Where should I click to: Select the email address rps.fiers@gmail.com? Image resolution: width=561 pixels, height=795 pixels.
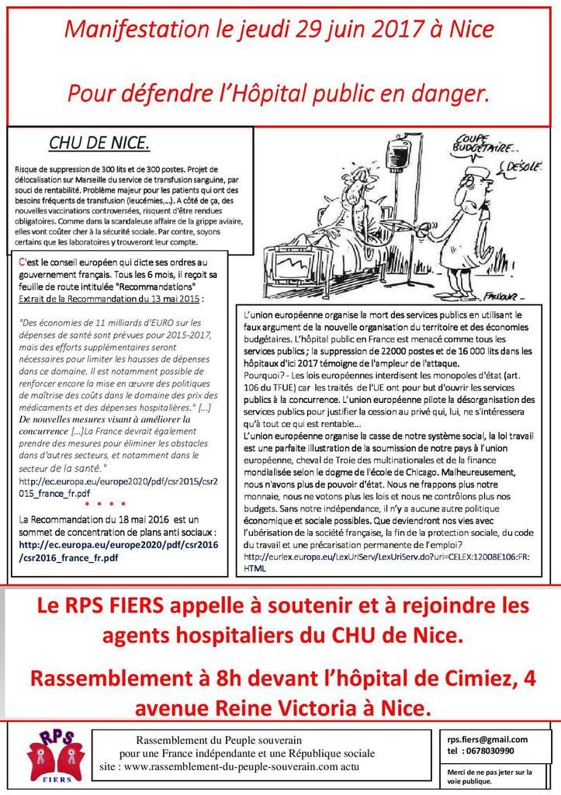(x=487, y=739)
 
